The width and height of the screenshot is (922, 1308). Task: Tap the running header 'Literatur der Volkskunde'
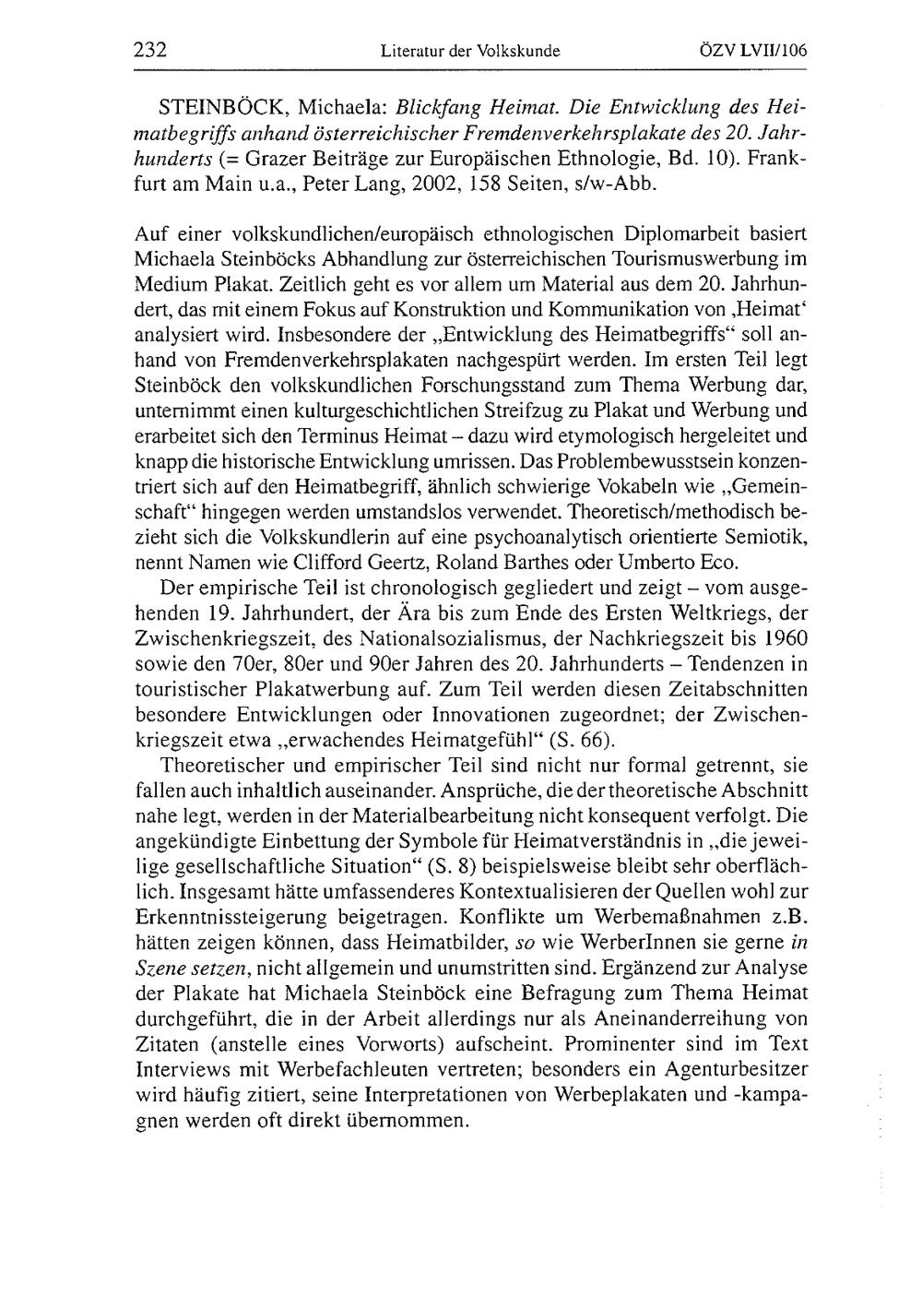[470, 53]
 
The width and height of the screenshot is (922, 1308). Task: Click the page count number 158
[489, 184]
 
